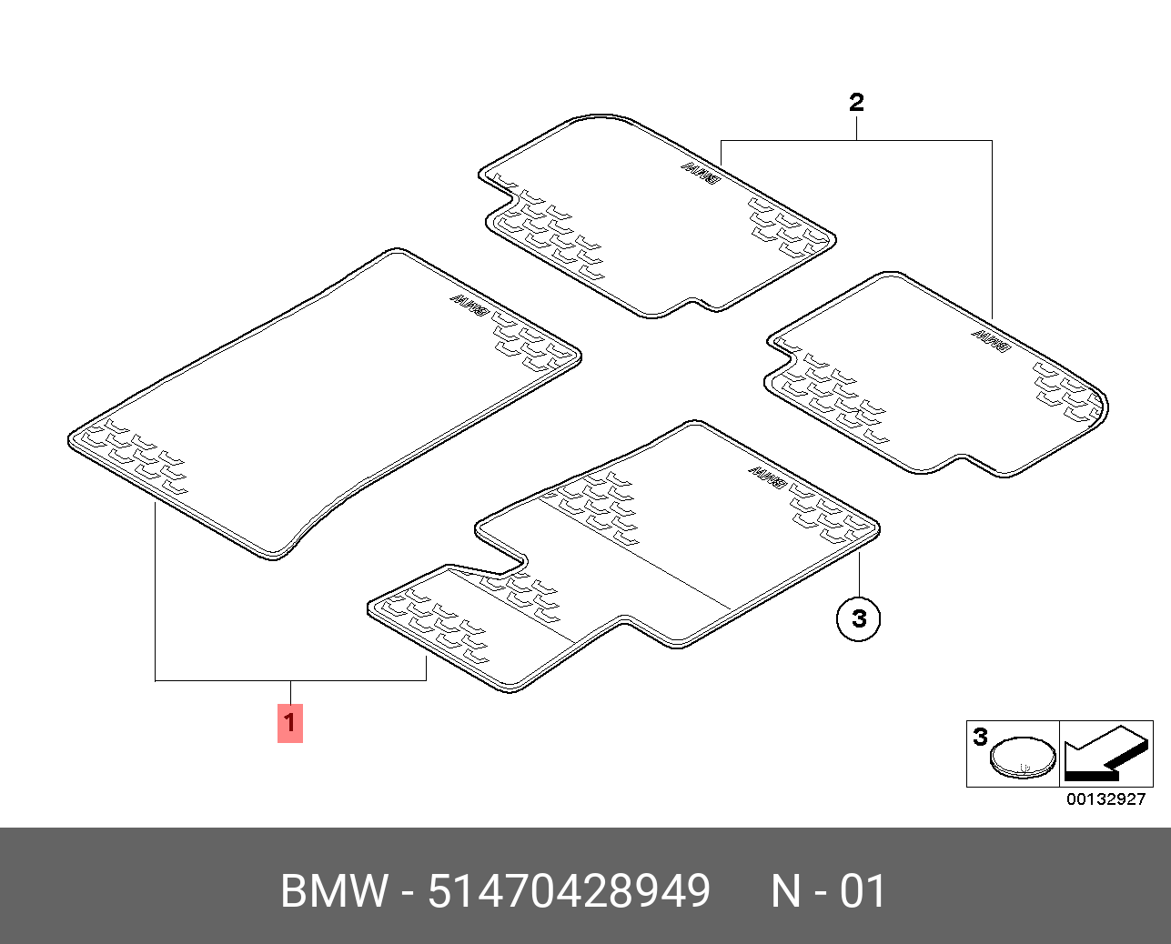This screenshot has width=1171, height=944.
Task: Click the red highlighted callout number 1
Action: [x=289, y=723]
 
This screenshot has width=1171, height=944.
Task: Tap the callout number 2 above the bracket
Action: [x=856, y=102]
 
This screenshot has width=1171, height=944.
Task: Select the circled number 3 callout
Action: [x=859, y=618]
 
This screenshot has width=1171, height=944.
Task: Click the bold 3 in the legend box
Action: [x=980, y=736]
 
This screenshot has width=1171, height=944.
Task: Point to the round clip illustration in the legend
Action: [x=1024, y=758]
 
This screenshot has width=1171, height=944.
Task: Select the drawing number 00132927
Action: [x=1105, y=799]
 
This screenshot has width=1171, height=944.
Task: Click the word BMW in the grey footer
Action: [x=333, y=891]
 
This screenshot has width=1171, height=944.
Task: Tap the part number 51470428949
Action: [x=569, y=891]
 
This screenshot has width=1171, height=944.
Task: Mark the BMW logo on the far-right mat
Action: [x=990, y=340]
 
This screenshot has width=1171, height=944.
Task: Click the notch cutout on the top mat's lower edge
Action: [x=701, y=303]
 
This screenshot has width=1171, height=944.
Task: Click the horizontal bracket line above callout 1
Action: [x=290, y=680]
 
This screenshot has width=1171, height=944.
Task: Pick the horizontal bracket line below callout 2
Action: [x=856, y=141]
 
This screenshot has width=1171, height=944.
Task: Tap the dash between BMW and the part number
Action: [x=408, y=891]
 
